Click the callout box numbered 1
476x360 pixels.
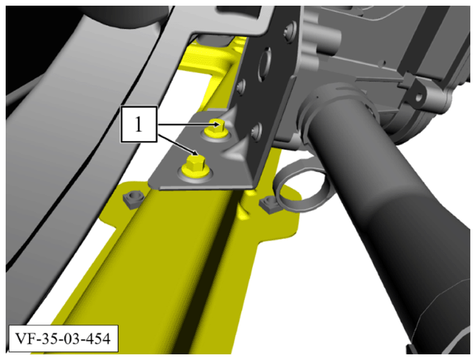[139, 124]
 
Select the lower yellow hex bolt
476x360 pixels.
[193, 166]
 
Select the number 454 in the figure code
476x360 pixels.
[97, 339]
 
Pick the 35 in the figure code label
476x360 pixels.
[49, 339]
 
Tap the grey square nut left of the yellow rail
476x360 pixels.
[132, 199]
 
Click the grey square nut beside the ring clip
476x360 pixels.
[270, 204]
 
